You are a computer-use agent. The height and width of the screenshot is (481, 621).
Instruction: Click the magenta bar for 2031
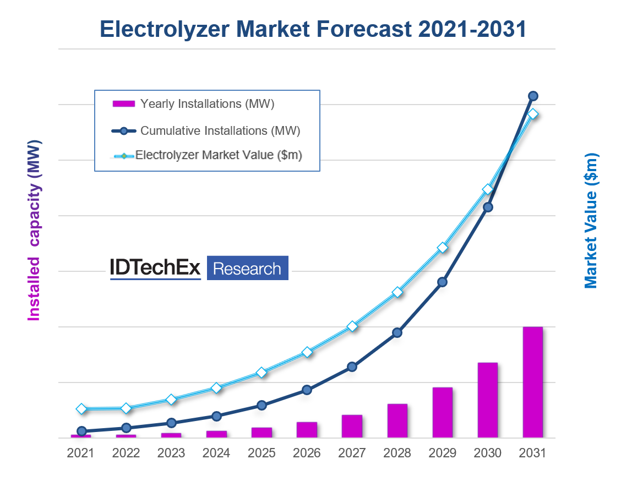pyautogui.click(x=533, y=382)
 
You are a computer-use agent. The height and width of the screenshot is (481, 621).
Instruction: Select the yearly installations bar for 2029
pyautogui.click(x=443, y=412)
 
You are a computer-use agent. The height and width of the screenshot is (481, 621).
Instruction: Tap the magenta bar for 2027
pyautogui.click(x=352, y=426)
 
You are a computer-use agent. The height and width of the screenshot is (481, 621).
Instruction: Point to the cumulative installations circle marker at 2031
pyautogui.click(x=533, y=96)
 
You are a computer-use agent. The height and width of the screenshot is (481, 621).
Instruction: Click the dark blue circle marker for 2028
pyautogui.click(x=397, y=332)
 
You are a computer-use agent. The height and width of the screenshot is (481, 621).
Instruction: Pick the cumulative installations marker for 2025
pyautogui.click(x=262, y=405)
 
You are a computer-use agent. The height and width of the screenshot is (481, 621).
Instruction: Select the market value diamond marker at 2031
pyautogui.click(x=533, y=114)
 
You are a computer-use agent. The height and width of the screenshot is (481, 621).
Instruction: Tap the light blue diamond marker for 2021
pyautogui.click(x=81, y=408)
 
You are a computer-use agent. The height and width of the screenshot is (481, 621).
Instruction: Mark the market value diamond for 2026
pyautogui.click(x=307, y=352)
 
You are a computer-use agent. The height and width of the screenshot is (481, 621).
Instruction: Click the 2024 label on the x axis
pyautogui.click(x=216, y=453)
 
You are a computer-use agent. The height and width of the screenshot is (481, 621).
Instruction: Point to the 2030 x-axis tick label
pyautogui.click(x=488, y=453)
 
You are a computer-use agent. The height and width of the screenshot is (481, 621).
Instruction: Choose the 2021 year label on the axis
pyautogui.click(x=81, y=453)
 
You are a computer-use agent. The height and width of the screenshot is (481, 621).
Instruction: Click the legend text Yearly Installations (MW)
pyautogui.click(x=207, y=103)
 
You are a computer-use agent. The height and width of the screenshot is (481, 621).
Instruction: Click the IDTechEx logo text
pyautogui.click(x=155, y=268)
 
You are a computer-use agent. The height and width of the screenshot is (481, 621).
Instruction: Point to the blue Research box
pyautogui.click(x=247, y=269)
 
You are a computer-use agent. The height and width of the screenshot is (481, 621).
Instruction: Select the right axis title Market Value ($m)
pyautogui.click(x=591, y=220)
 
